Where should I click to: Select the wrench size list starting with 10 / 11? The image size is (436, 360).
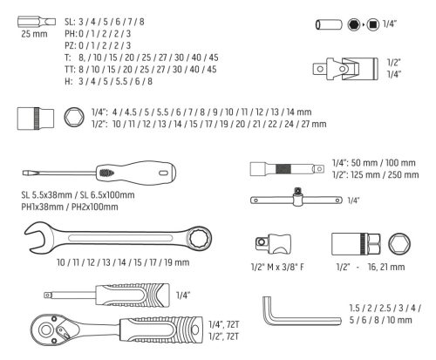point(106,262)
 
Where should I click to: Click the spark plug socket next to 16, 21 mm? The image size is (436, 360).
point(353,243)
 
